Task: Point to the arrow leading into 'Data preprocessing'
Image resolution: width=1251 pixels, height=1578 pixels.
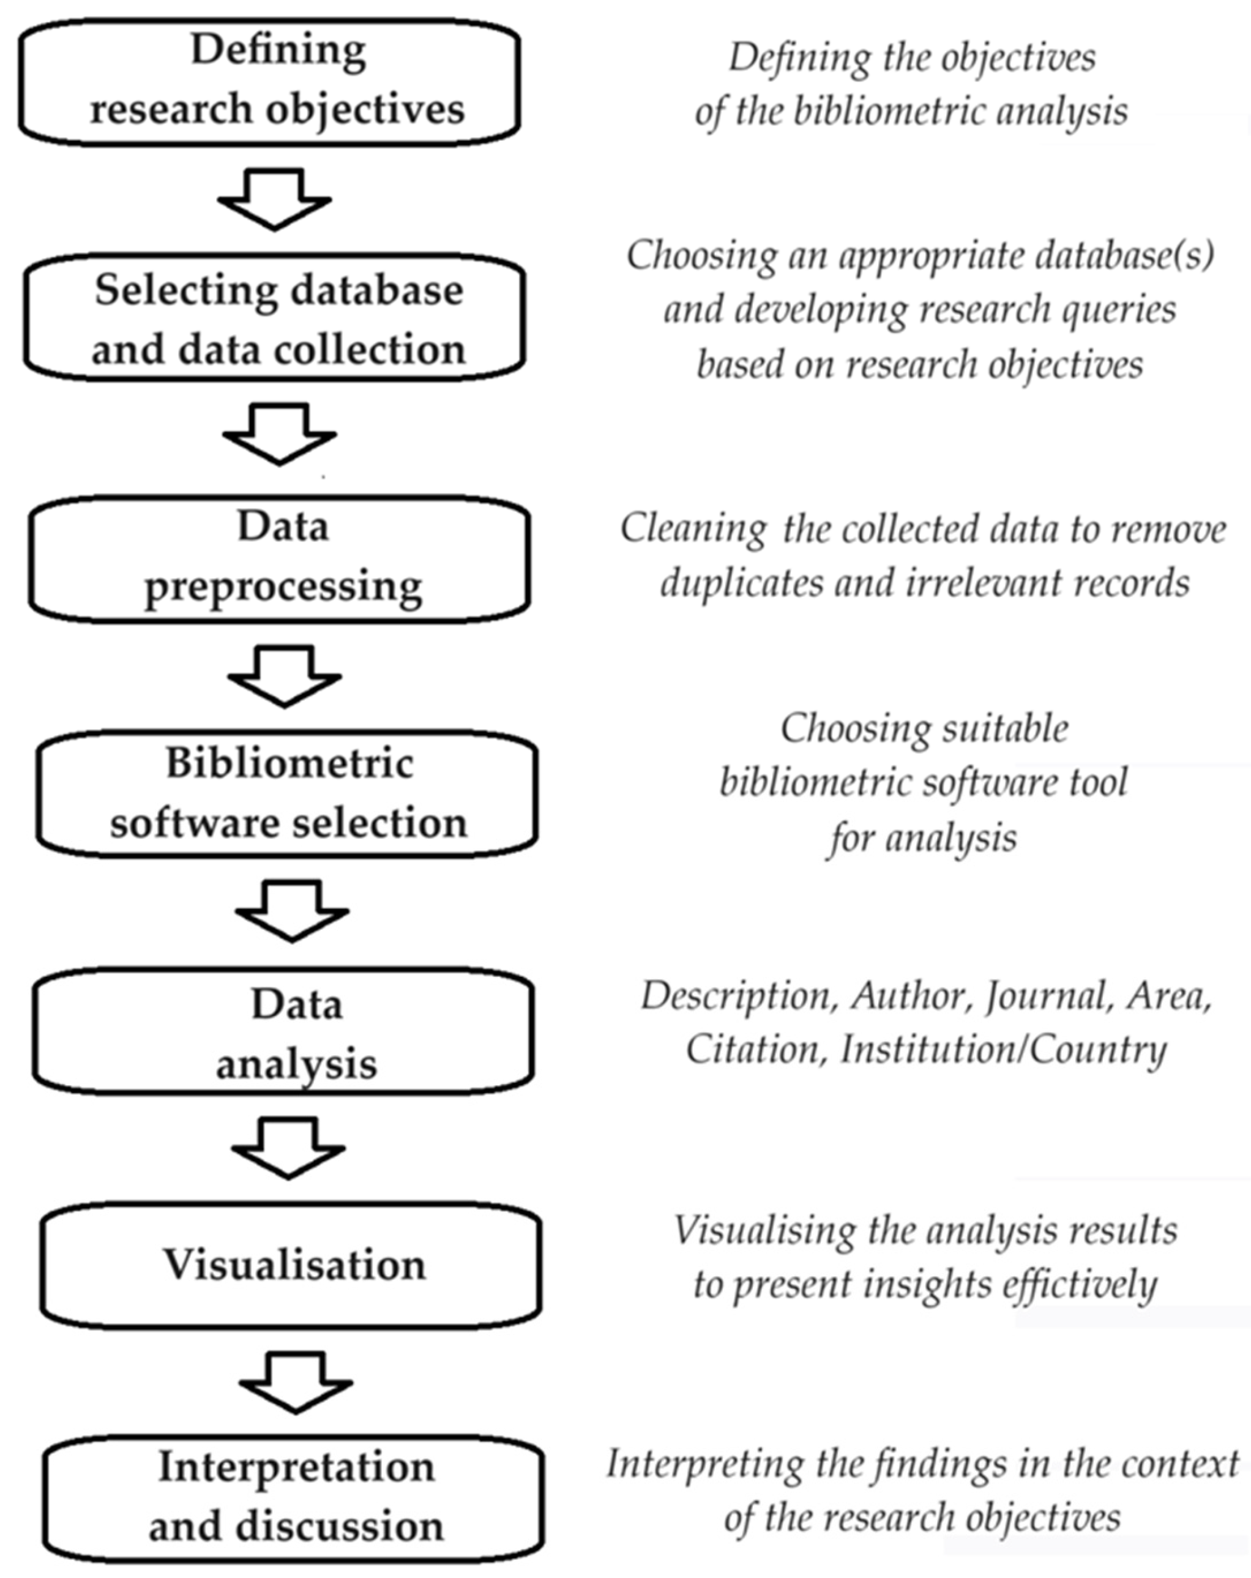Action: click(x=280, y=434)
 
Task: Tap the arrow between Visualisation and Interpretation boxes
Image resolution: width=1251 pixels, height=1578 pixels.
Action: click(x=296, y=1383)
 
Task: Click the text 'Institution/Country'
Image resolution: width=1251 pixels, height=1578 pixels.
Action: click(x=1003, y=1050)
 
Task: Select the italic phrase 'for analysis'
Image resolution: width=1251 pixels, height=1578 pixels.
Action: click(x=922, y=837)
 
